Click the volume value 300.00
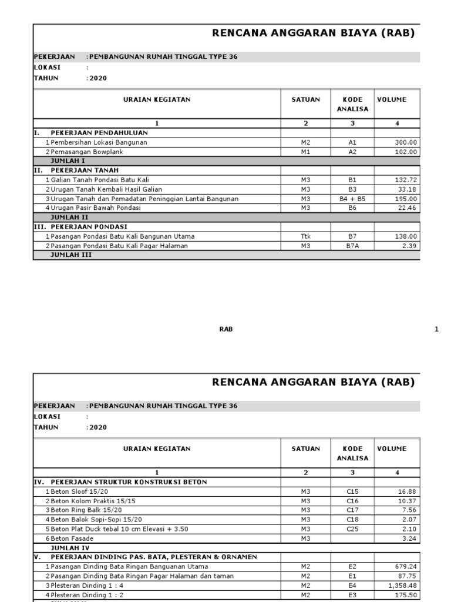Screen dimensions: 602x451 (x=405, y=142)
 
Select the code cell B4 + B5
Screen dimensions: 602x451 (x=352, y=199)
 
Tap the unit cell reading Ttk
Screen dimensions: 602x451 (x=305, y=236)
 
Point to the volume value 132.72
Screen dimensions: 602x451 (x=405, y=180)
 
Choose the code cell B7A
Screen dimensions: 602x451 (x=352, y=246)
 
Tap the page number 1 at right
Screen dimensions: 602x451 (x=436, y=329)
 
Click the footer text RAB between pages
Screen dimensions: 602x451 (x=226, y=329)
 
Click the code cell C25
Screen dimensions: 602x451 (x=352, y=529)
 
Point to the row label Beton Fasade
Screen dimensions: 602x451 (x=72, y=539)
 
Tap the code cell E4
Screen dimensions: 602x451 (x=352, y=586)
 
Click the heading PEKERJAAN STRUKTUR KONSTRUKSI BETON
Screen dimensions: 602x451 (x=129, y=482)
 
